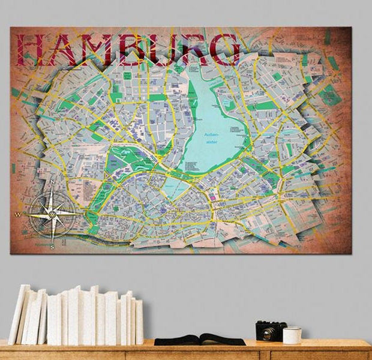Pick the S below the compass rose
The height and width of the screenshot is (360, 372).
coord(53,245)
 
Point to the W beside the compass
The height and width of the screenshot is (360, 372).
coord(19,214)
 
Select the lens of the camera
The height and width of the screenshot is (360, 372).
coord(267,334)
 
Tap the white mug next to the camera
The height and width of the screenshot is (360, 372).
coord(292,335)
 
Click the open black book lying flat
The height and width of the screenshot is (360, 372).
coord(199,340)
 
